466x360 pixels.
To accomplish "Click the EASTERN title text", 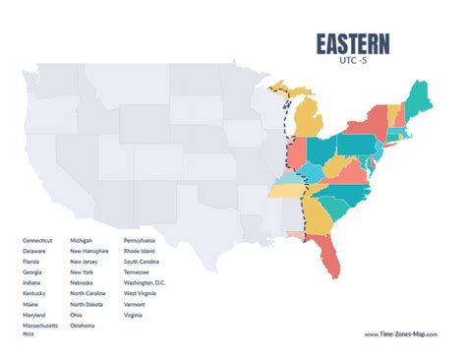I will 352,45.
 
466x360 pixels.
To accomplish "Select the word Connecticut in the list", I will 37,240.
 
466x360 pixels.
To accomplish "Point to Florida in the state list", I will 32,261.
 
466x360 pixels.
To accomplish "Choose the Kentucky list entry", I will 34,293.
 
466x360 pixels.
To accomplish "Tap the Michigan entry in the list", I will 82,240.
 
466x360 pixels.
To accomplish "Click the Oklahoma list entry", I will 83,325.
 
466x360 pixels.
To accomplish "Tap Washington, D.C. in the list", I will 145,282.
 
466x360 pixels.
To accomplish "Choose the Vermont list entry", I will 135,304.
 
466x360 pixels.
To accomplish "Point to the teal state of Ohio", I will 320,152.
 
